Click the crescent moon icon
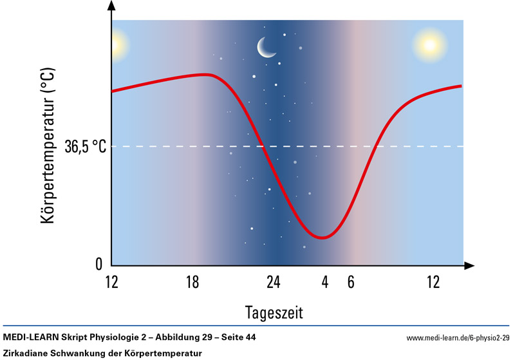(266, 46)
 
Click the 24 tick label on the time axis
(274, 282)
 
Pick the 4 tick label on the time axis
(326, 282)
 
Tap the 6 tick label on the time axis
(350, 282)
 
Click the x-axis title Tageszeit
(274, 313)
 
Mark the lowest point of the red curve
(323, 238)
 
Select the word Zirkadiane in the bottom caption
(24, 353)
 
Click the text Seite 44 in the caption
(247, 337)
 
